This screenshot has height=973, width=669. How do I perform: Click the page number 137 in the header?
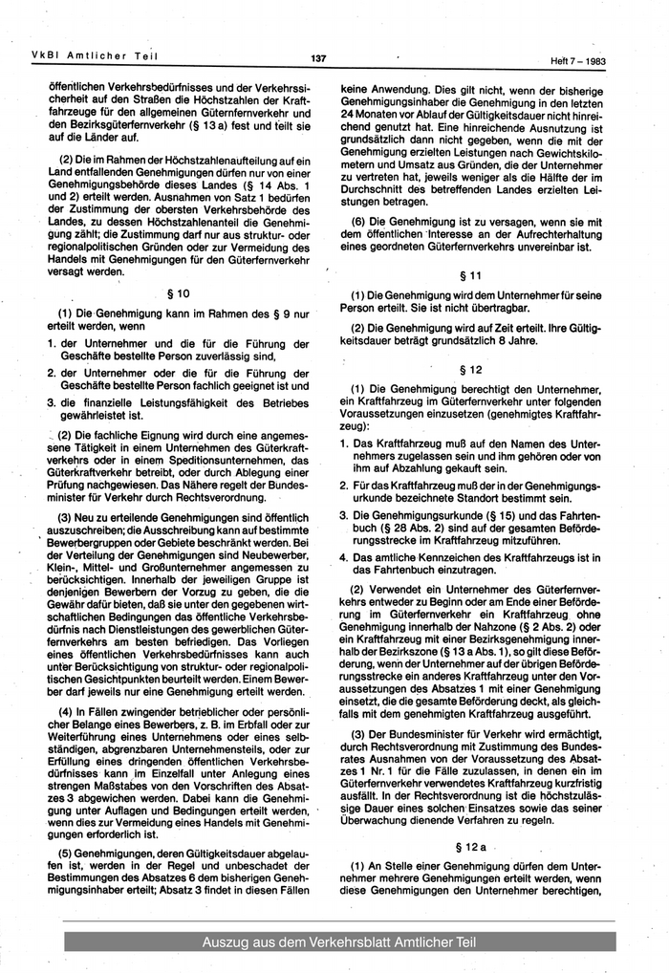click(x=319, y=58)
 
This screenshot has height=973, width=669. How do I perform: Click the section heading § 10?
click(x=180, y=293)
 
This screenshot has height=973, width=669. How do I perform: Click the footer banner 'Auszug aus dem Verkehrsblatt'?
click(x=338, y=943)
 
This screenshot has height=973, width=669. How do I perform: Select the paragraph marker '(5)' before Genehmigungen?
click(x=68, y=854)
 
